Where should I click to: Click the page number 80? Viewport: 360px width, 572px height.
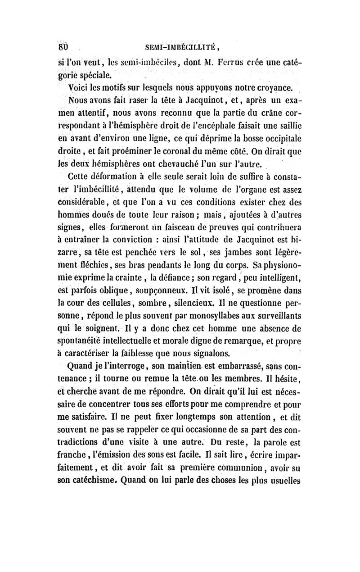click(x=62, y=47)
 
